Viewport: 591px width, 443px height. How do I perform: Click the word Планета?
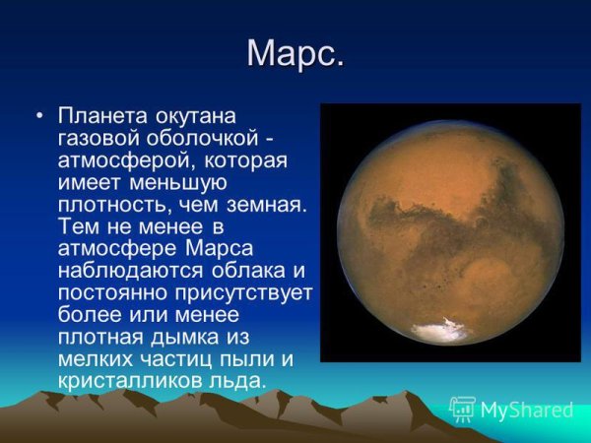click(x=102, y=116)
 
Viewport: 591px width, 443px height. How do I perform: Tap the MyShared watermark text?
click(x=527, y=411)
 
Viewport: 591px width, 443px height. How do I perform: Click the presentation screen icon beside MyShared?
click(x=462, y=410)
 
